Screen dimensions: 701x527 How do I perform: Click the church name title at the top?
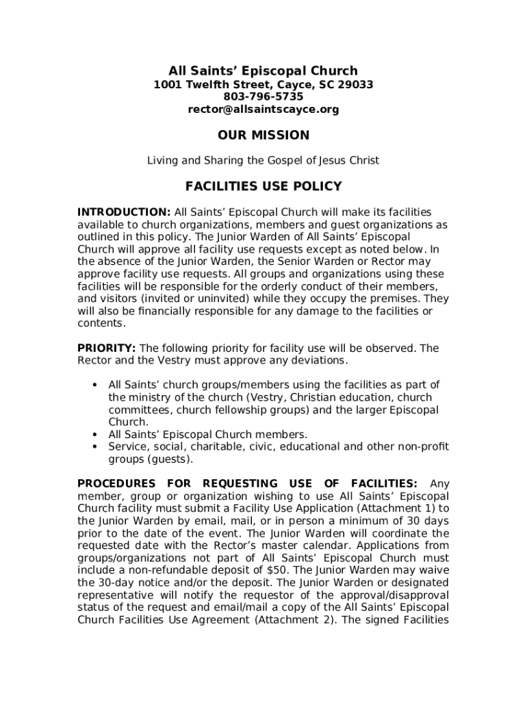263,71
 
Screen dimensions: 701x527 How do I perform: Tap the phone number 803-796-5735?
263,97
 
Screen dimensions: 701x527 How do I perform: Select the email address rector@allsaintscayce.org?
263,110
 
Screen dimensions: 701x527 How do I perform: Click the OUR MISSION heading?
263,136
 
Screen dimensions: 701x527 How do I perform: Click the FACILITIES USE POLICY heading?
263,186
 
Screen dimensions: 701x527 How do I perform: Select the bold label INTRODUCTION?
124,212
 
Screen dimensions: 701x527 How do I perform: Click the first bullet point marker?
94,385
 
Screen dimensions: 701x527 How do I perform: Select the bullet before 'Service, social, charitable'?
94,447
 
